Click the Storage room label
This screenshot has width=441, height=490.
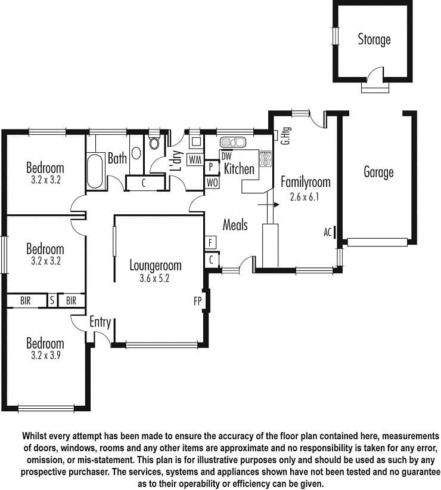click(374, 39)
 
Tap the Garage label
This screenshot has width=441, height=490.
click(378, 172)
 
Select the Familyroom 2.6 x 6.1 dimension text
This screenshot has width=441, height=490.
click(305, 197)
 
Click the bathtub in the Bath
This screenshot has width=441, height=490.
click(95, 171)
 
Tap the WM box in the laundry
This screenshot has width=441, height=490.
click(195, 160)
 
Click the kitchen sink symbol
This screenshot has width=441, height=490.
click(233, 142)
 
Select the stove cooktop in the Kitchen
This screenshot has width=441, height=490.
click(265, 159)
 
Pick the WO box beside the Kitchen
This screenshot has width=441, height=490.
click(212, 183)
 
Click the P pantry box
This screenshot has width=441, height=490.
click(211, 167)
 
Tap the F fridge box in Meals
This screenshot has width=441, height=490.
click(210, 242)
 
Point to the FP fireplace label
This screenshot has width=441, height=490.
click(198, 301)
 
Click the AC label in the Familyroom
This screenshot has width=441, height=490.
click(327, 233)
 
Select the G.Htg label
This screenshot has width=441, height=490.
click(285, 135)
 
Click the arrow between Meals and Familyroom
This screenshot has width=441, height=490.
click(268, 205)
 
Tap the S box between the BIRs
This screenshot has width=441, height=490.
click(52, 301)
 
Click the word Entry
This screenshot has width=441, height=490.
click(100, 322)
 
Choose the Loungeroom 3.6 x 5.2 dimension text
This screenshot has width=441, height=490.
click(154, 278)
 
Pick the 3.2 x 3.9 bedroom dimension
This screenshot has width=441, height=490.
click(45, 355)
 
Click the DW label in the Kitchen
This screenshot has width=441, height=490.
click(226, 156)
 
